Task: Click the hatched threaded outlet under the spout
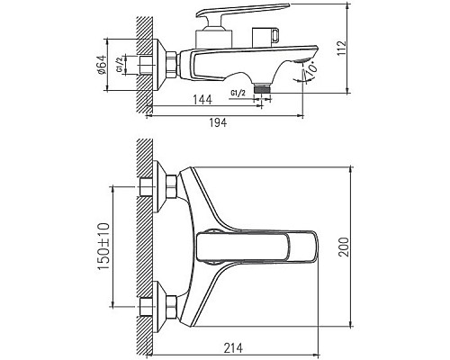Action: [x=262, y=90]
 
